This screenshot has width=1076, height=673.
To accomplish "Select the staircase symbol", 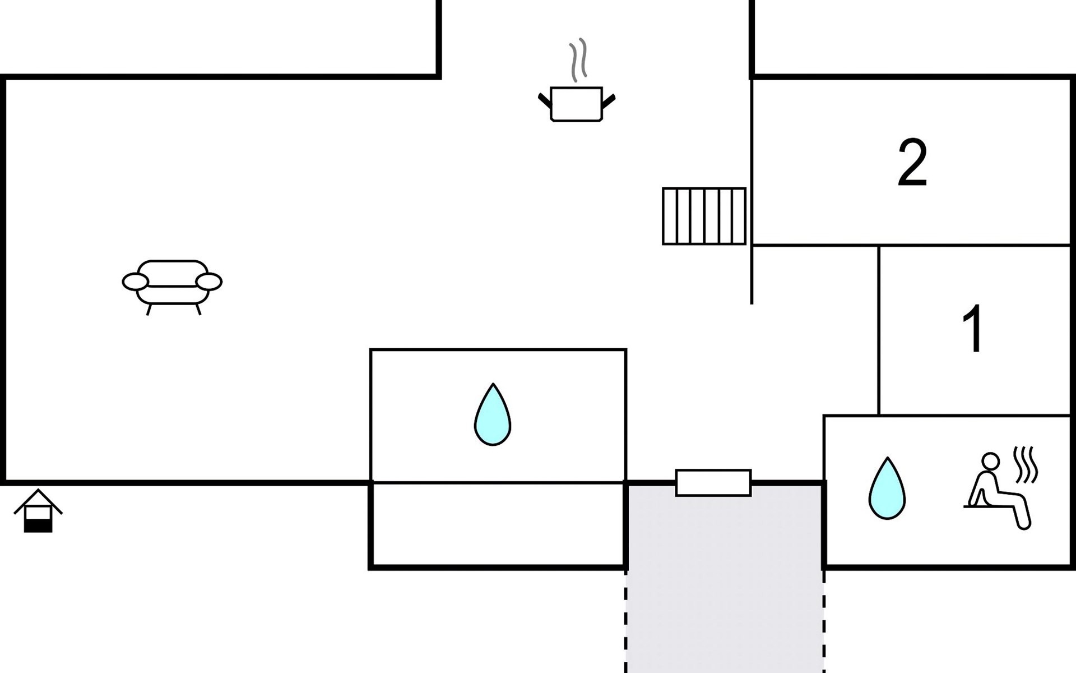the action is pos(704,216).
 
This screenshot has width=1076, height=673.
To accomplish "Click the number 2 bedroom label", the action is pos(912,163).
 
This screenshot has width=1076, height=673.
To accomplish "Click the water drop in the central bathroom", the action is pos(493,414).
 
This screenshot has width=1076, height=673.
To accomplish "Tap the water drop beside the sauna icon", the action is pos(887,488).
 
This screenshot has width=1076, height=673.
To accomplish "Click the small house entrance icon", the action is pos(38,510).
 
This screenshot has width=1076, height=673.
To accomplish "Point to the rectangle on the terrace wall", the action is pos(713,483).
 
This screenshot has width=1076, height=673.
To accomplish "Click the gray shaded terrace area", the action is pos(725,583).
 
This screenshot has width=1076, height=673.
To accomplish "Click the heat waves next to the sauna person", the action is pos(1027,465).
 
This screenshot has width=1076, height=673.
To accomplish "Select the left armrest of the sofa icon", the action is pos(136,282).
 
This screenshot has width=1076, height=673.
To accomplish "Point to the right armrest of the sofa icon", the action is pos(209,282).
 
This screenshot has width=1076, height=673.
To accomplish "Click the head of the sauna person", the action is pos(991,461).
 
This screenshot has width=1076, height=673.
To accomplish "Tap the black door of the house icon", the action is pos(38,526).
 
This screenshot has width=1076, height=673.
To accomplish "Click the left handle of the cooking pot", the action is pos(545,101).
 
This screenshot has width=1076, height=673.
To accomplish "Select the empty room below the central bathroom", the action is pos(498,525).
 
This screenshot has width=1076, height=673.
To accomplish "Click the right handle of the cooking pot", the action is pos(609,101).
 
